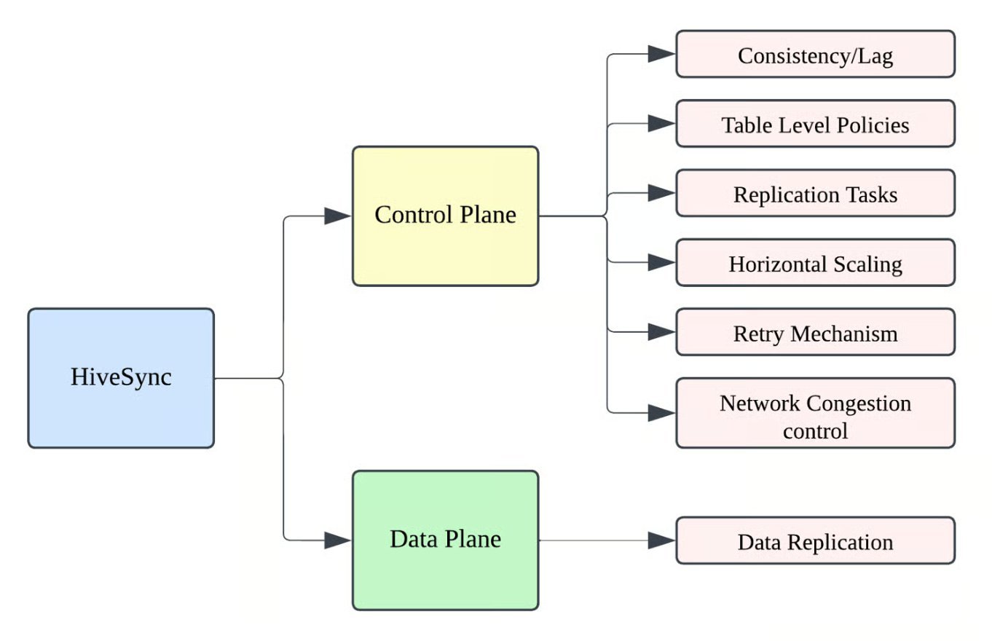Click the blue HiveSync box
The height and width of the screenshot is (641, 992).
click(x=121, y=378)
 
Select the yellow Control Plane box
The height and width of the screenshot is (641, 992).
click(x=445, y=216)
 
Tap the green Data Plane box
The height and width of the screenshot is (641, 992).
click(x=445, y=540)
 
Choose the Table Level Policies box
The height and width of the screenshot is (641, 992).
click(x=815, y=124)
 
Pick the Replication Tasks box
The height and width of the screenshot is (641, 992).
click(x=815, y=194)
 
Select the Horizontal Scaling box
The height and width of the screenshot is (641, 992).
click(x=815, y=263)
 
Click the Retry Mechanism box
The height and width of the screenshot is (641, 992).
click(x=815, y=333)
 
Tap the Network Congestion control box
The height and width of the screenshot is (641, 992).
click(x=815, y=413)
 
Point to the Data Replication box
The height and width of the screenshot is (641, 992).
click(x=815, y=541)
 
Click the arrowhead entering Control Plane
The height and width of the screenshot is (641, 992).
click(x=338, y=216)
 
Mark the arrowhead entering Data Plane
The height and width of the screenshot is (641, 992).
click(x=338, y=540)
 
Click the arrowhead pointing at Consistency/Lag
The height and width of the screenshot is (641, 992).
click(x=661, y=54)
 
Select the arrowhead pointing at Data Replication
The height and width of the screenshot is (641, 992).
click(x=661, y=540)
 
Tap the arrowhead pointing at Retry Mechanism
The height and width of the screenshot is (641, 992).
click(x=661, y=333)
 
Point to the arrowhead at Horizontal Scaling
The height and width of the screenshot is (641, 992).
click(x=661, y=263)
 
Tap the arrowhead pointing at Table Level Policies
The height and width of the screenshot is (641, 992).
click(x=661, y=124)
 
